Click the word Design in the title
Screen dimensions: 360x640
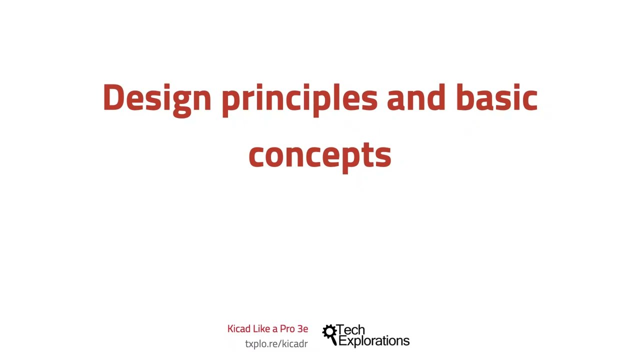pyautogui.click(x=157, y=98)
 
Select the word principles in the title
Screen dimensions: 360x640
pyautogui.click(x=299, y=98)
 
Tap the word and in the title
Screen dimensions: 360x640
pyautogui.click(x=415, y=98)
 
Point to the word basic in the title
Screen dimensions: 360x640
pyautogui.click(x=496, y=98)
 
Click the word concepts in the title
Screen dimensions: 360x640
pyautogui.click(x=319, y=155)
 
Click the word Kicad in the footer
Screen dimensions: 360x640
pyautogui.click(x=239, y=329)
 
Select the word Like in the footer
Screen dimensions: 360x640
pyautogui.click(x=261, y=329)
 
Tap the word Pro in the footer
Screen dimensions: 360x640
pyautogui.click(x=287, y=329)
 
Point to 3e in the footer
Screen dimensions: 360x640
pyautogui.click(x=302, y=329)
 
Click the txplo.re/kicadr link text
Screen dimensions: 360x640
pyautogui.click(x=276, y=344)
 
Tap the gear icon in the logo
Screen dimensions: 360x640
pyautogui.click(x=329, y=332)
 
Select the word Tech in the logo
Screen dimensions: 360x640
pyautogui.click(x=351, y=330)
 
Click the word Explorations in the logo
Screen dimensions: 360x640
pyautogui.click(x=374, y=341)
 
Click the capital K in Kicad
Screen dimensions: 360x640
pyautogui.click(x=230, y=329)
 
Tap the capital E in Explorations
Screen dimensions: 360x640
pyautogui.click(x=342, y=341)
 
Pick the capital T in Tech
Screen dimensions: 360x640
pyautogui.click(x=341, y=330)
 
